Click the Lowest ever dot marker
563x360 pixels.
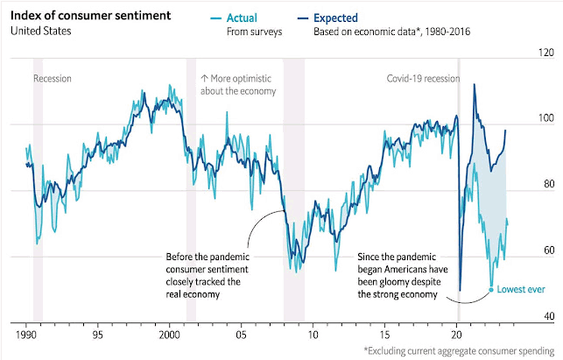[x=491, y=289]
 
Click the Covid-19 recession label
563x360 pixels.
[x=423, y=78]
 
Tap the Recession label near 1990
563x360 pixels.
[x=53, y=78]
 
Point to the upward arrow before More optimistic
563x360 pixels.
[x=204, y=78]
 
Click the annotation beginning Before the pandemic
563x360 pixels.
[x=206, y=276]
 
